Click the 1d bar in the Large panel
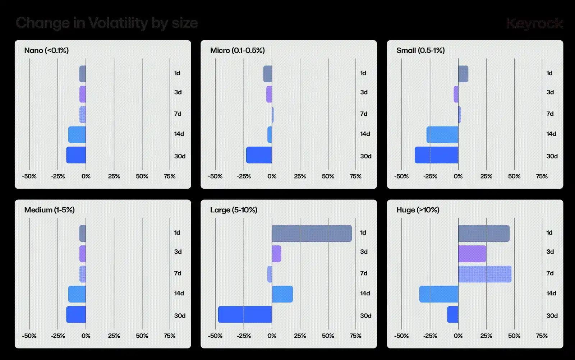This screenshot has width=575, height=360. coord(312,233)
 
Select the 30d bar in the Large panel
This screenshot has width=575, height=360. coord(245,314)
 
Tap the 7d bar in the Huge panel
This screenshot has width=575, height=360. coord(484,274)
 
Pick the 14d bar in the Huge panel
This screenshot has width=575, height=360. coord(438,294)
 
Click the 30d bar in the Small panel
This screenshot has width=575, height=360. coord(436,155)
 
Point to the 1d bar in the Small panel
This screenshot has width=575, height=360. coord(463,74)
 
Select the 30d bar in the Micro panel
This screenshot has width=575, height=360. coord(259,155)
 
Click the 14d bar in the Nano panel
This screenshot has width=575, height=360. coord(77,134)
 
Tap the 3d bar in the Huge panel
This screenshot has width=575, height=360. coord(472,254)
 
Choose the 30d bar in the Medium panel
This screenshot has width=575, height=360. coord(76,314)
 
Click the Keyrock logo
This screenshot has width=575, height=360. coord(534,23)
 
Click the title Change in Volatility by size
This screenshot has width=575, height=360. coord(107,23)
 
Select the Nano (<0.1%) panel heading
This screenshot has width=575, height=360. coord(46,50)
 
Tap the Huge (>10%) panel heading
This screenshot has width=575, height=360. coord(418,210)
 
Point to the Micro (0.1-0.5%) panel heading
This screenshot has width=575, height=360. coord(237,50)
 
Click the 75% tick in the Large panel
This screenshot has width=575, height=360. coord(355,336)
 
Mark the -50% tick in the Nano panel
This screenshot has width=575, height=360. coord(29,176)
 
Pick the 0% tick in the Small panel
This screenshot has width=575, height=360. coord(458,176)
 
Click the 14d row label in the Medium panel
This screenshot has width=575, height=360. coord(179,293)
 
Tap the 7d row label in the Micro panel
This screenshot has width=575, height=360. coord(364,114)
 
